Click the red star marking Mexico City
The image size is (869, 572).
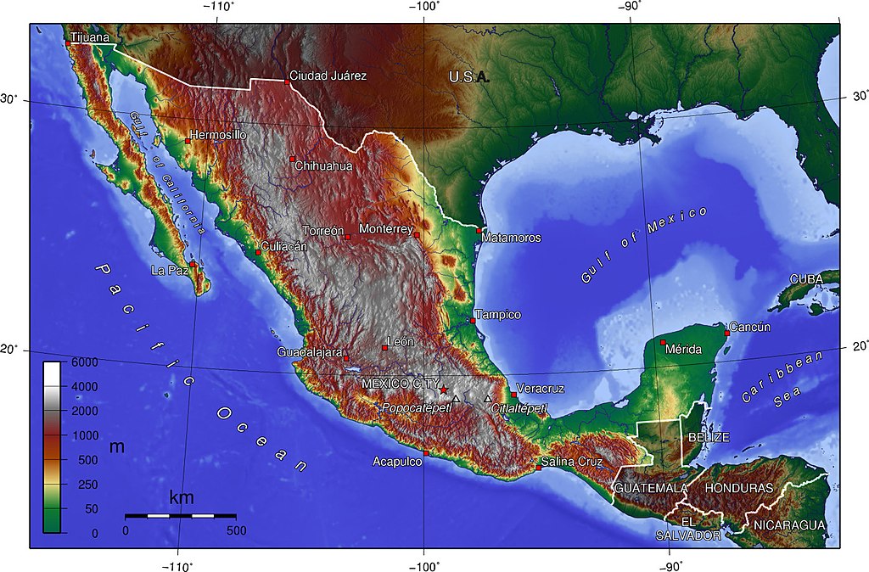(x=443, y=390)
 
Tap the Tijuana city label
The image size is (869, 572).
(x=90, y=37)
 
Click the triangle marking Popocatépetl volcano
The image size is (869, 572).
(x=456, y=398)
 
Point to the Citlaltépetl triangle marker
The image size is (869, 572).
(x=488, y=398)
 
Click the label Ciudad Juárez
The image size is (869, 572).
(x=328, y=76)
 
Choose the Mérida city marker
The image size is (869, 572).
(x=663, y=342)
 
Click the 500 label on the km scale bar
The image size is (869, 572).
(x=236, y=530)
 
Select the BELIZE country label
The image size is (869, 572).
(x=709, y=437)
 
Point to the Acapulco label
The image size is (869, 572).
(x=397, y=462)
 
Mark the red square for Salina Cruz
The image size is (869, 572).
(x=538, y=468)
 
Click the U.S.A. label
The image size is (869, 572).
(x=469, y=77)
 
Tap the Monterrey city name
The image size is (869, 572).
(x=386, y=229)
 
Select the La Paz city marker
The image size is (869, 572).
(x=193, y=265)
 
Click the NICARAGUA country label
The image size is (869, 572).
(x=789, y=525)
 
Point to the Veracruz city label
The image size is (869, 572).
(x=540, y=389)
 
